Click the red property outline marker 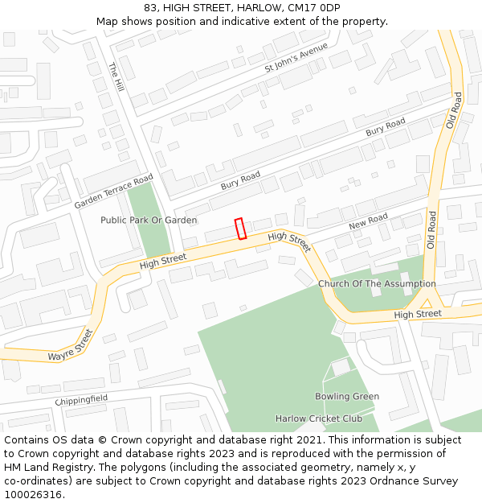coord(239,229)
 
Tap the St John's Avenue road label coord(296,58)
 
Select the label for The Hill coord(117,78)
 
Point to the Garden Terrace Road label coord(113,192)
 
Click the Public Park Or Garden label coord(149,220)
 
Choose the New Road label coord(368,221)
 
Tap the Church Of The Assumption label coord(377,283)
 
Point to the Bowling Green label coord(346,397)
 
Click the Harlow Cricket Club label coord(319,418)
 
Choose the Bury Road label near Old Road coord(386,126)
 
